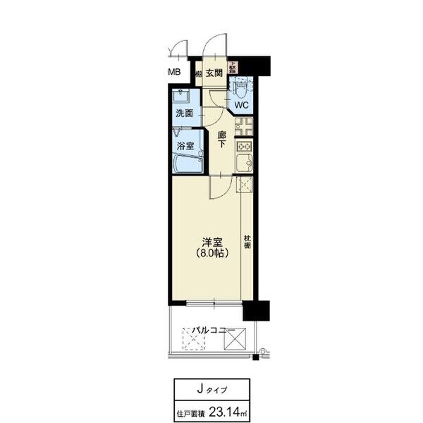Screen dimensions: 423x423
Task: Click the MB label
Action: [173, 73]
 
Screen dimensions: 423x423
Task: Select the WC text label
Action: [242, 105]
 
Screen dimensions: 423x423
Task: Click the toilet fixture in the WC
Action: [242, 87]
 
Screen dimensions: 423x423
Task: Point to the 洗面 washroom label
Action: [185, 113]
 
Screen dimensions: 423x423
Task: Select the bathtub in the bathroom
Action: [188, 164]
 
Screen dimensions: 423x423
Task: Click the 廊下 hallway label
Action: [221, 139]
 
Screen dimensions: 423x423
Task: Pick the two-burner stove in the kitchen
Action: [245, 147]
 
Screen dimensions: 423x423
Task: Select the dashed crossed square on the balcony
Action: [192, 340]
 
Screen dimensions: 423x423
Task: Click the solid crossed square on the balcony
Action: [233, 339]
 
